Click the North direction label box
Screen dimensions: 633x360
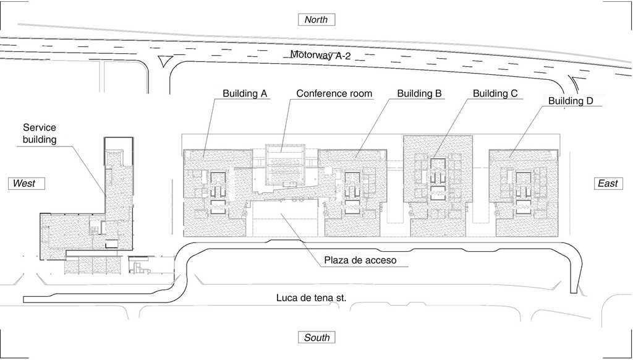pos(316,19)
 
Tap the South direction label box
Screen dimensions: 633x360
pos(316,337)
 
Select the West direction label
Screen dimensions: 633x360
pos(26,184)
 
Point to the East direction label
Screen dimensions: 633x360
pos(608,184)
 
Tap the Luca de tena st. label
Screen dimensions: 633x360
pos(312,298)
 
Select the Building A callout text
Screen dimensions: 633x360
pos(245,94)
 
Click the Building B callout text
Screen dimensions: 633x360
pos(420,94)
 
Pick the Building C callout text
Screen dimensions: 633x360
pos(495,94)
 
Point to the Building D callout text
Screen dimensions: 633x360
pos(571,101)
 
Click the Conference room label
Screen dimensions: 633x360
pos(334,94)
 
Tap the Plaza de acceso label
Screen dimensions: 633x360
pos(360,260)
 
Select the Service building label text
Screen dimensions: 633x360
pos(40,134)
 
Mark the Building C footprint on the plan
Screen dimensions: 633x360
pos(438,186)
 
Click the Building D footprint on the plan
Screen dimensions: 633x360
pos(524,193)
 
